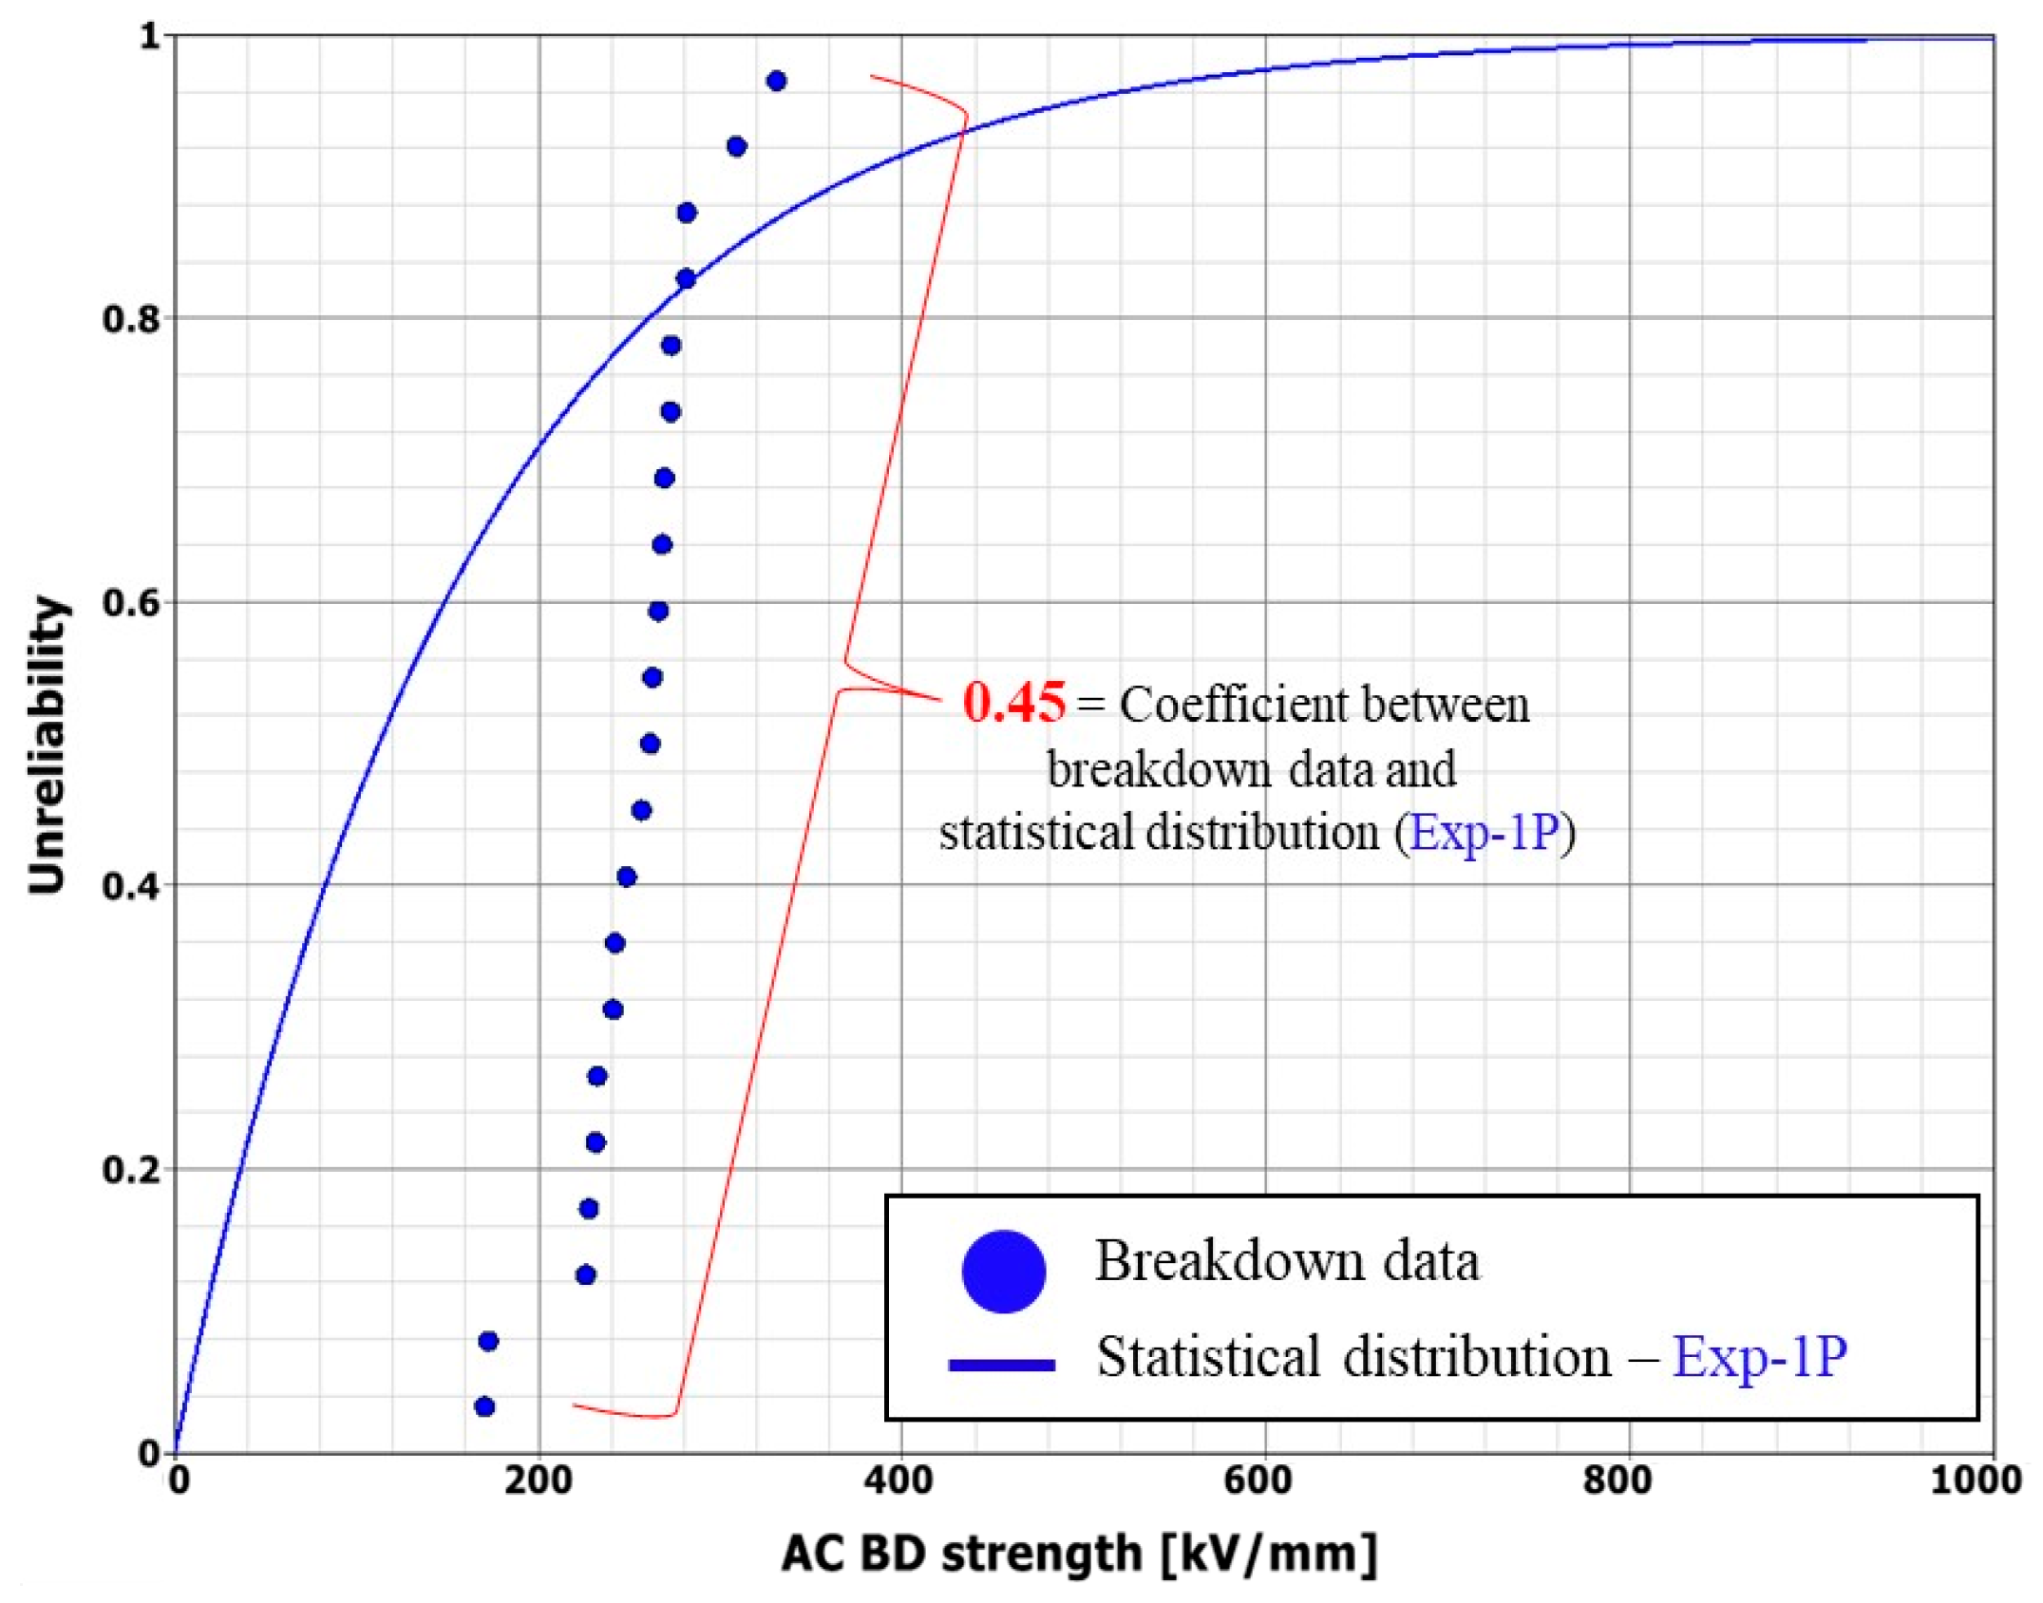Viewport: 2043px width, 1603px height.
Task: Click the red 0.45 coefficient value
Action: pos(1012,704)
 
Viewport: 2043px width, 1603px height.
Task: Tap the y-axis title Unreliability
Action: pos(47,745)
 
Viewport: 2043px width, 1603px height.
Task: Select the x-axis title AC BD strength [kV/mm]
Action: pos(1079,1555)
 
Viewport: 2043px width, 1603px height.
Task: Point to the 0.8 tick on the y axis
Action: pos(131,319)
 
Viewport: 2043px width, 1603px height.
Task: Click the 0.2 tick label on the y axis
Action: pos(131,1170)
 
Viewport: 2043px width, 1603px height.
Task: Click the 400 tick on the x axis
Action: pos(899,1480)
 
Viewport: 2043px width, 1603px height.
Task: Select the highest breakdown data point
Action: pos(776,81)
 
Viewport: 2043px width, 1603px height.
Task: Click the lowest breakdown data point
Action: pos(484,1406)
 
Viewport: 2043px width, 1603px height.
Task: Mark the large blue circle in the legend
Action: pos(1003,1272)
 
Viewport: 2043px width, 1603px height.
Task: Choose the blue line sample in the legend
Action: pos(1001,1366)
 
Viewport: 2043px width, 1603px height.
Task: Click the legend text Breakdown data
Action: pos(1286,1262)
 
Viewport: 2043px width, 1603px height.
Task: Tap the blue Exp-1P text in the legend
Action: pos(1759,1357)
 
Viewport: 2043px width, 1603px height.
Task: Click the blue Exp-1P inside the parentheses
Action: pos(1484,833)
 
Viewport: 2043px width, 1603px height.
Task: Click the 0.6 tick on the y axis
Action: pos(131,603)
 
